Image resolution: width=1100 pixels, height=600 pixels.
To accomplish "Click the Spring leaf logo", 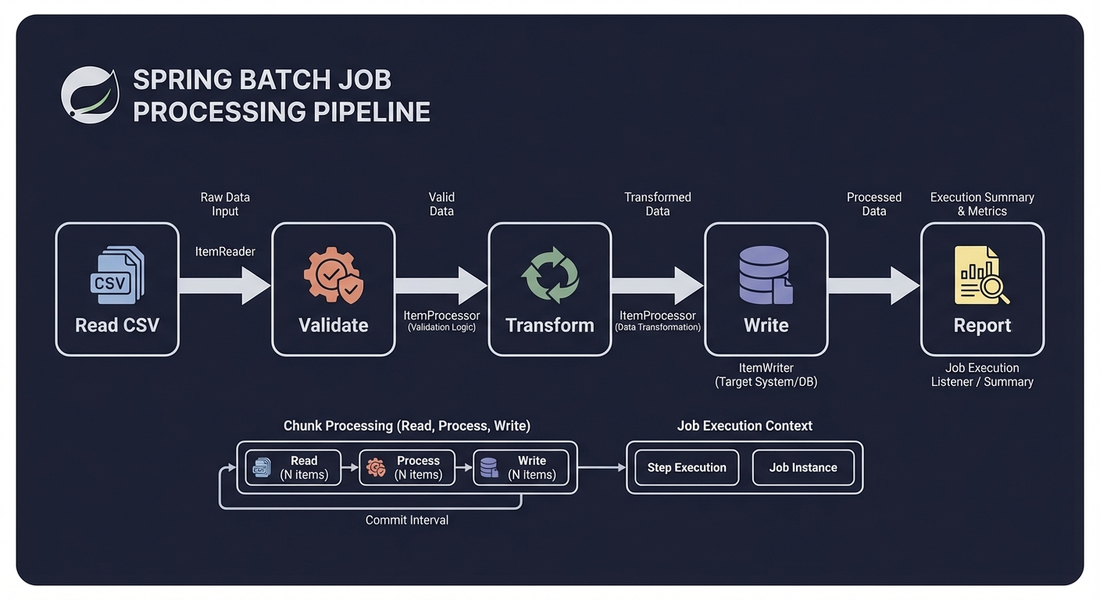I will coord(91,95).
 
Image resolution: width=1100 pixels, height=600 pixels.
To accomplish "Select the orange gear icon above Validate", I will coord(334,275).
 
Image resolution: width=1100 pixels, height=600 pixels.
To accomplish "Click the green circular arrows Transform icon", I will coord(550,275).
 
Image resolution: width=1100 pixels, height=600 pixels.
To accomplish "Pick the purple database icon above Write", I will coord(766,275).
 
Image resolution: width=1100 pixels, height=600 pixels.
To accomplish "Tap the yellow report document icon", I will coord(982,275).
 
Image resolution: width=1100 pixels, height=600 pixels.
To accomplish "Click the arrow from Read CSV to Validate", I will coord(225,286).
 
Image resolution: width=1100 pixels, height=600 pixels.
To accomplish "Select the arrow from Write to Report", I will coord(873,286).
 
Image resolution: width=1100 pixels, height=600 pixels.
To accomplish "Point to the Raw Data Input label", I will coord(225,205).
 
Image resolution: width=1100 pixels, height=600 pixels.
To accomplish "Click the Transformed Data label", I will coord(658,204).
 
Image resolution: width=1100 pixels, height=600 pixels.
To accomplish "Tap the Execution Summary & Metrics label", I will coord(982,204).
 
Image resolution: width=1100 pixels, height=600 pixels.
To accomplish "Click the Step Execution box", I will coord(687,467).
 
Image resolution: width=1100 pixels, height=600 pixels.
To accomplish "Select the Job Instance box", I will coord(803,467).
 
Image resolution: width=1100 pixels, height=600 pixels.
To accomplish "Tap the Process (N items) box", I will coord(407,467).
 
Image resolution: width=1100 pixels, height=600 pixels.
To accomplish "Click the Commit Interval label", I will coord(407,520).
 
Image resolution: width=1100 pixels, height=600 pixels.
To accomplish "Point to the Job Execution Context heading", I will coord(745,426).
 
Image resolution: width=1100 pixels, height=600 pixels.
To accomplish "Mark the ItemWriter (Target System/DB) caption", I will coord(766,375).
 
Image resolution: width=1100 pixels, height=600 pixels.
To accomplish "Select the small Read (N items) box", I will coord(294,467).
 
